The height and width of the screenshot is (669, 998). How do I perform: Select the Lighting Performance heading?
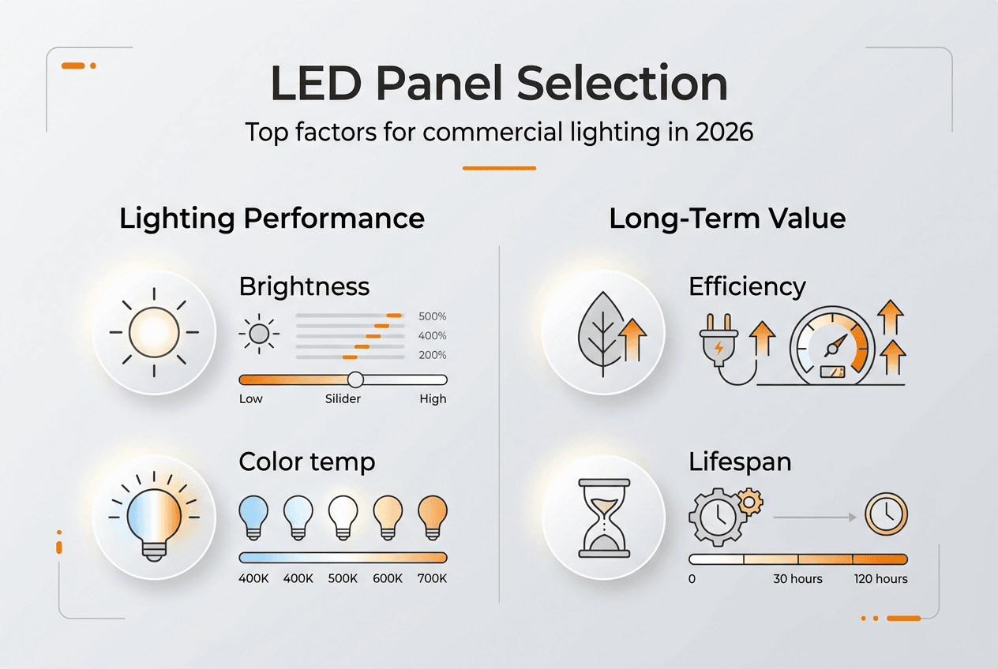click(272, 219)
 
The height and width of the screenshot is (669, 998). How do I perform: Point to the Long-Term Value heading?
click(727, 219)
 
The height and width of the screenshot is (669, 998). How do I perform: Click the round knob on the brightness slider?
click(355, 379)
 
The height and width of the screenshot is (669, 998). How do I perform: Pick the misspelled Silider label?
click(343, 399)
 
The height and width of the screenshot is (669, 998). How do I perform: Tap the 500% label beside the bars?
click(432, 316)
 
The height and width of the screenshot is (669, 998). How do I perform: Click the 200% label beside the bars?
click(432, 356)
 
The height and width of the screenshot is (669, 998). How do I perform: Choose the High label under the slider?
click(433, 399)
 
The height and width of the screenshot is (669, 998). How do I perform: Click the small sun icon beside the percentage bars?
click(259, 335)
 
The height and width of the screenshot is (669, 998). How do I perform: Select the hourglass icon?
click(606, 517)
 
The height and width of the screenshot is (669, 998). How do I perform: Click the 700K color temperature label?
click(432, 579)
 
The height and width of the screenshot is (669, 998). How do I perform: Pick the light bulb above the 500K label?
click(343, 517)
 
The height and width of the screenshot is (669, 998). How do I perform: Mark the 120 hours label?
click(880, 579)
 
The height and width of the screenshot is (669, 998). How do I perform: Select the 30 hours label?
click(797, 579)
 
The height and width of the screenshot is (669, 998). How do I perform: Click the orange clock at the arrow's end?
click(886, 515)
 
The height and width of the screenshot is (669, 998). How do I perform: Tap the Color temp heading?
click(306, 462)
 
